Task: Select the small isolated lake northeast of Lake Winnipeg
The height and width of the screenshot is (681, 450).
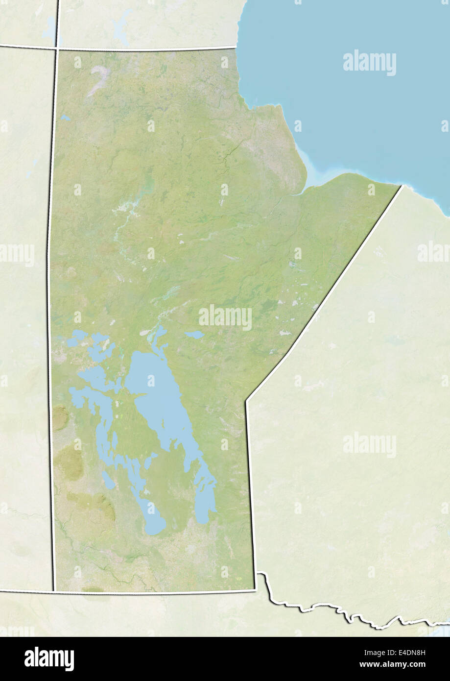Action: [x=194, y=335]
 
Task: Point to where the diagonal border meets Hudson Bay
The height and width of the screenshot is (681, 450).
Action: [x=402, y=186]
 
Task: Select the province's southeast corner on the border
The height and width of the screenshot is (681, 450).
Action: [x=255, y=590]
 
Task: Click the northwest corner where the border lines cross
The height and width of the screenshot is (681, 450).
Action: [x=57, y=48]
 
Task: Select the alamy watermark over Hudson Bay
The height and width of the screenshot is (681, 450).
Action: [x=370, y=63]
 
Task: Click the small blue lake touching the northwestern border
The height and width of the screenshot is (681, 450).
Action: [x=65, y=118]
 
